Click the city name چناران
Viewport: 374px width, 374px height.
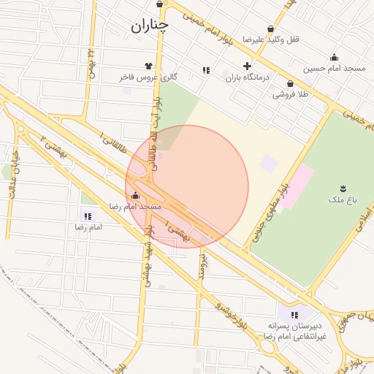(150, 26)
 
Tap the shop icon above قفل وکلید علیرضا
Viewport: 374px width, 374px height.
(271, 28)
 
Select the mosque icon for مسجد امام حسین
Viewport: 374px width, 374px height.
(335, 58)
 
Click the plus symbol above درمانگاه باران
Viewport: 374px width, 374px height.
(248, 66)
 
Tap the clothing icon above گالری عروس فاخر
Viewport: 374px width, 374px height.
(150, 66)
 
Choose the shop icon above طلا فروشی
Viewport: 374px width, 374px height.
(291, 84)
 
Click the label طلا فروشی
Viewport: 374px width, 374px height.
(291, 95)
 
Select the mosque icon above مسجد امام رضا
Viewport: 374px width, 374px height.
(135, 196)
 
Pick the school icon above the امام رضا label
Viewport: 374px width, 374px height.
(88, 216)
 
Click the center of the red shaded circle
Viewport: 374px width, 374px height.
(187, 187)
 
